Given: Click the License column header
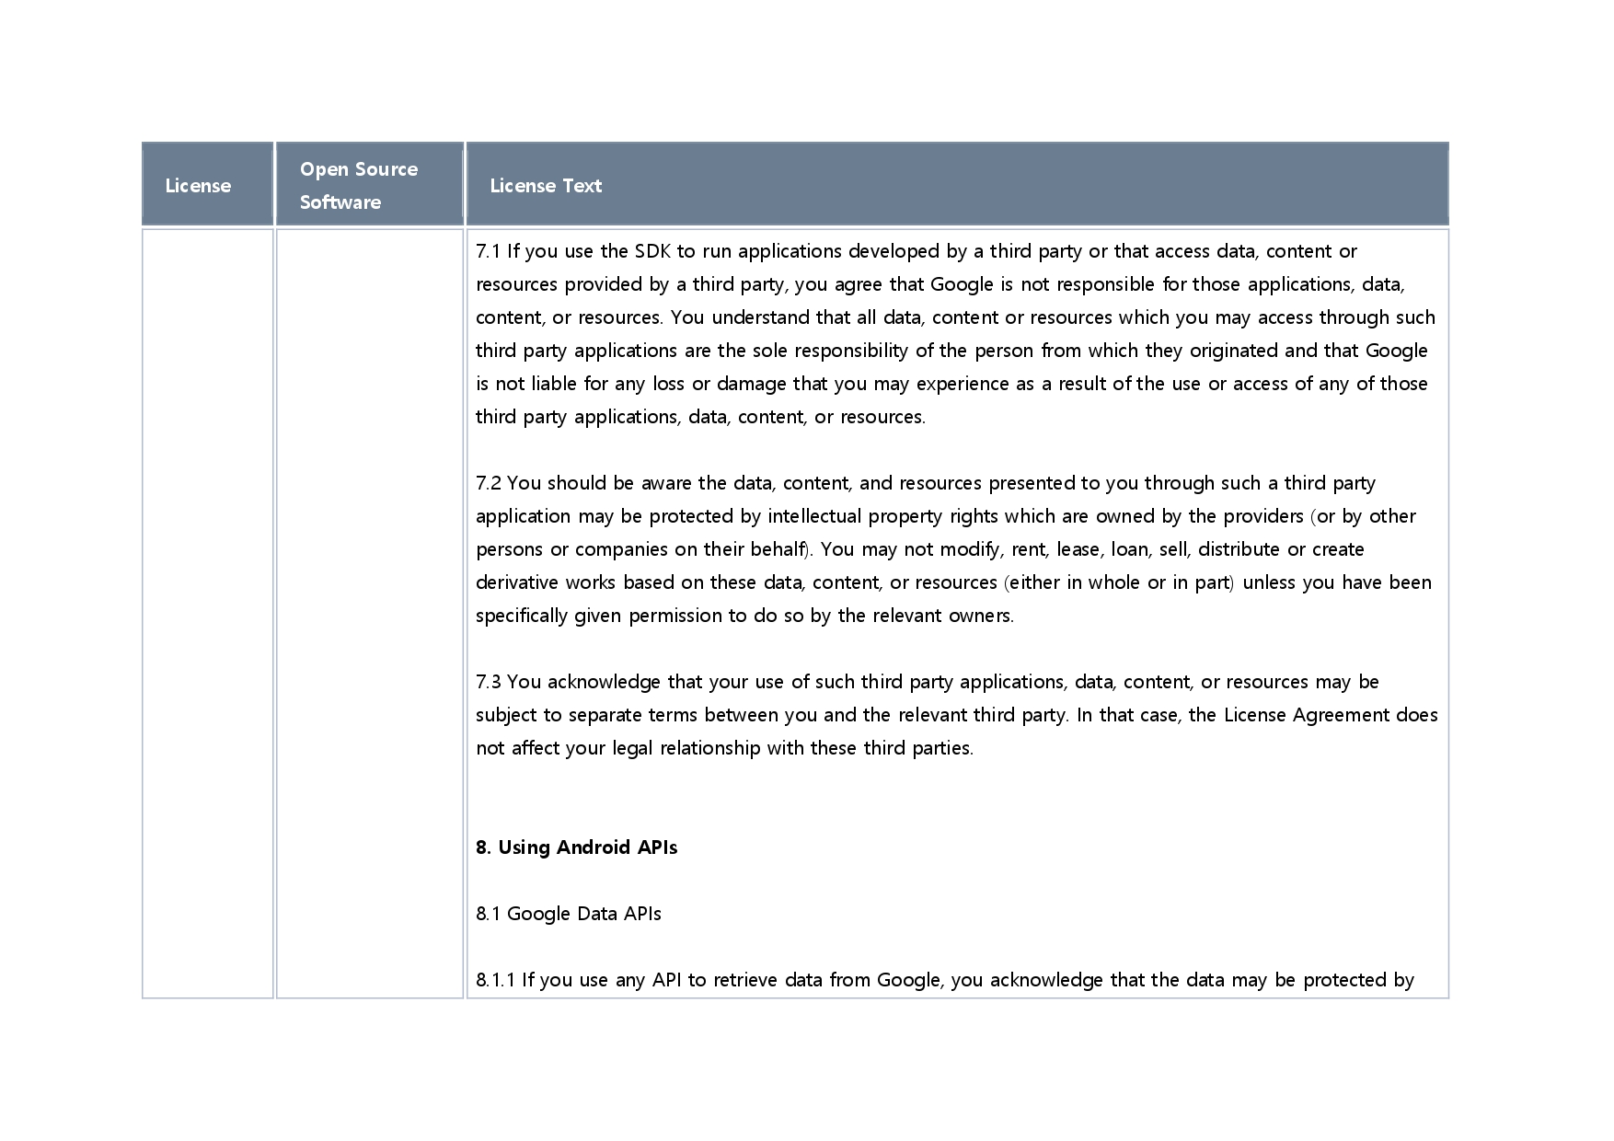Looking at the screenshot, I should tap(198, 186).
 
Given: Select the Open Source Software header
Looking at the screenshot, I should tap(359, 185).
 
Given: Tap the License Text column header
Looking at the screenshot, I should tap(546, 186).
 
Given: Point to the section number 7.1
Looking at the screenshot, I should tap(488, 251).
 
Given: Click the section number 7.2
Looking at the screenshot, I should tap(489, 483).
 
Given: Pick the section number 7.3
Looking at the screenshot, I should tap(489, 682).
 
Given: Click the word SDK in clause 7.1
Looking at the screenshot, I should tap(652, 251).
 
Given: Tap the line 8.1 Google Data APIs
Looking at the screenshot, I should tap(569, 914).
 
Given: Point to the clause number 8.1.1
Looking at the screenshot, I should tap(496, 980).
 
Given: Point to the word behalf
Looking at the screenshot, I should tap(779, 549).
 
